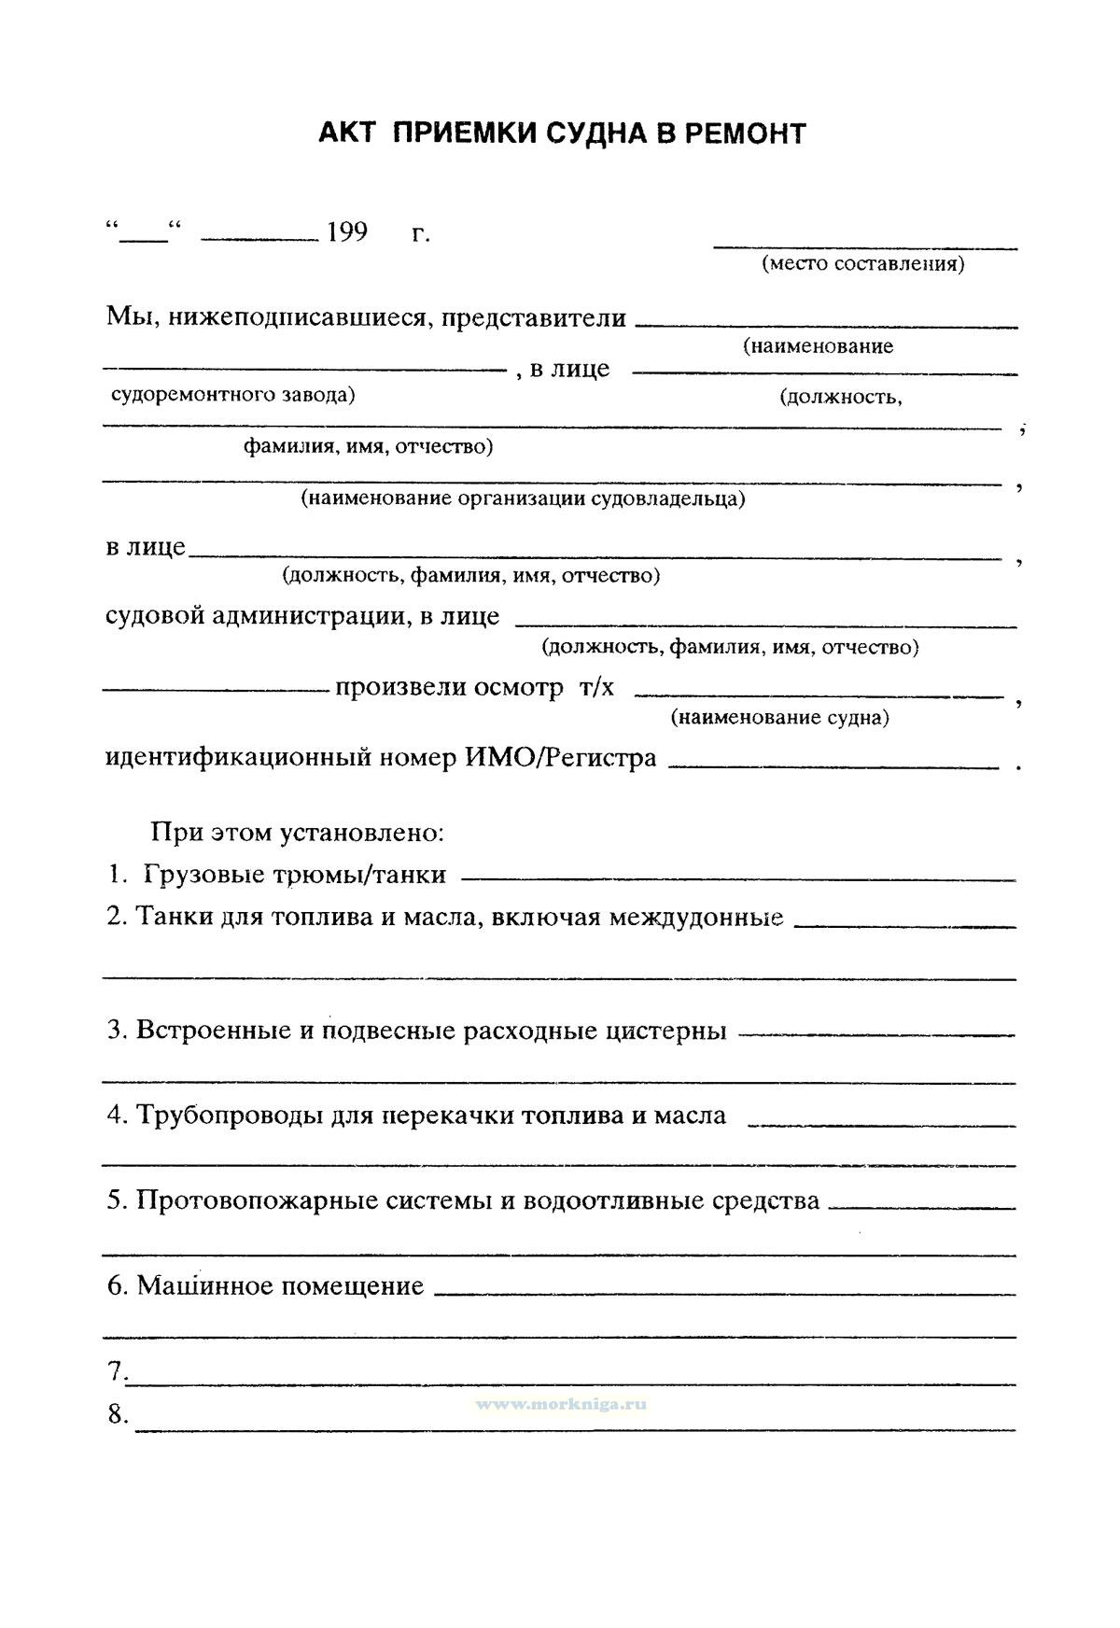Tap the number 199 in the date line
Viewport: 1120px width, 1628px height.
tap(347, 232)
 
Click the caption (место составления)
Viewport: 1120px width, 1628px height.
tap(863, 263)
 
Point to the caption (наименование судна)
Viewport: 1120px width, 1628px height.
tap(779, 717)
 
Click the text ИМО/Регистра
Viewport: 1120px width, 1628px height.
tap(561, 758)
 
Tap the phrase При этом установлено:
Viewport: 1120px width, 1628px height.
tap(298, 831)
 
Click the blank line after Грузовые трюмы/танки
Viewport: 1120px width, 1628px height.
tap(738, 878)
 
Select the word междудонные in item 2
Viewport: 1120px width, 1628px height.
tap(696, 917)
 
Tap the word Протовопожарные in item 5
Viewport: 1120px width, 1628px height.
tap(254, 1200)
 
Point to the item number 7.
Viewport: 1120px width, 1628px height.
tap(117, 1371)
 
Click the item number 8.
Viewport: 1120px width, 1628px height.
tap(117, 1415)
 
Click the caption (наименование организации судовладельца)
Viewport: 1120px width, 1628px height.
tap(523, 498)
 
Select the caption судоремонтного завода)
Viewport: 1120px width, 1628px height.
tap(233, 394)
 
